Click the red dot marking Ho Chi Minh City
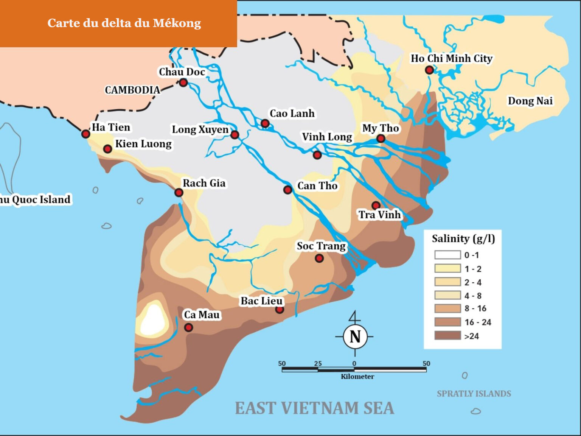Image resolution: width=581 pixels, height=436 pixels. click(x=429, y=70)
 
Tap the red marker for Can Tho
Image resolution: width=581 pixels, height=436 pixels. click(x=287, y=190)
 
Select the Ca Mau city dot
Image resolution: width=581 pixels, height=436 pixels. click(x=188, y=327)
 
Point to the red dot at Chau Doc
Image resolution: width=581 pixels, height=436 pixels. click(x=183, y=83)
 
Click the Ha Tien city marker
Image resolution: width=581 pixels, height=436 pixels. click(x=86, y=134)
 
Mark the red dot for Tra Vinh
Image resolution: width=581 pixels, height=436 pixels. click(x=376, y=206)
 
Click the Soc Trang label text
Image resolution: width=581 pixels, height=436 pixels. click(x=321, y=246)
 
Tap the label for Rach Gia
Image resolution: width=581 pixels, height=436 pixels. click(x=204, y=183)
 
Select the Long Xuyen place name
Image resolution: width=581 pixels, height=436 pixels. click(x=200, y=129)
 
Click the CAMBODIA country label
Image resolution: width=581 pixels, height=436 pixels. click(x=132, y=90)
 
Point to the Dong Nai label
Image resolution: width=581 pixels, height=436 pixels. click(x=530, y=101)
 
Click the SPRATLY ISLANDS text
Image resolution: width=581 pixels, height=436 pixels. click(x=474, y=394)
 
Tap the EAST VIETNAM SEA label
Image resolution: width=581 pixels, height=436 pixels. click(x=314, y=408)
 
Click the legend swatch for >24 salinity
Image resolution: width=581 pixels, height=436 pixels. click(x=447, y=336)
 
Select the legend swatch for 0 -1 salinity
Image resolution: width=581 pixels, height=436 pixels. click(x=447, y=255)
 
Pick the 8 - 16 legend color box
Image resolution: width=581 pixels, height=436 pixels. click(x=447, y=308)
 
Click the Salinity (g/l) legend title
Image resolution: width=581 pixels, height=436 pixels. click(x=463, y=239)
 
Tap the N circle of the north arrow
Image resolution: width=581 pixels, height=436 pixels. click(x=355, y=336)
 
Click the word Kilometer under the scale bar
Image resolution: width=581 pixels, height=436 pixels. click(x=357, y=377)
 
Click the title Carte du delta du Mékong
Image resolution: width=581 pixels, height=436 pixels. click(x=124, y=23)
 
